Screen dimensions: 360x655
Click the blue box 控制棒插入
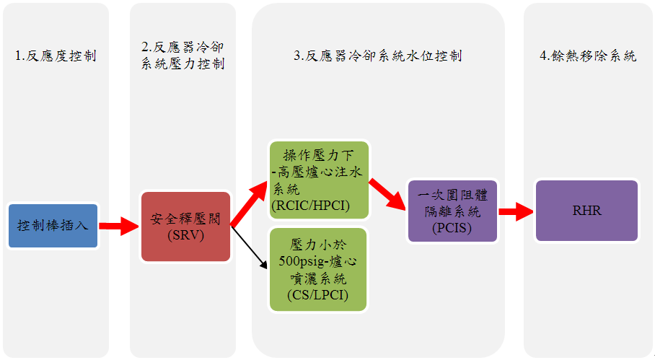[x=53, y=226]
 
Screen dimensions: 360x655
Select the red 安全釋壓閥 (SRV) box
[x=185, y=226]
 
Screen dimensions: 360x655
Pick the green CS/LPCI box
[x=318, y=269]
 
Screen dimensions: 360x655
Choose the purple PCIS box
[x=452, y=210]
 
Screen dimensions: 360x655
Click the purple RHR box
[x=586, y=211]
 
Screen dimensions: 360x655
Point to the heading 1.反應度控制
[x=56, y=56]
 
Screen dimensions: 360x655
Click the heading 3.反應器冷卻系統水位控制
[x=378, y=56]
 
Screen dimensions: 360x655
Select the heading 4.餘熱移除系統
[x=588, y=56]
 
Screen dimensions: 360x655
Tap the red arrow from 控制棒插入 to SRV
[x=118, y=226]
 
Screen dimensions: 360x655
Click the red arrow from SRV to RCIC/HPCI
[x=250, y=205]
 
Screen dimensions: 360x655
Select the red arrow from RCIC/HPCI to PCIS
[x=387, y=193]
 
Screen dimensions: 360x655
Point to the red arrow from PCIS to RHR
[x=515, y=211]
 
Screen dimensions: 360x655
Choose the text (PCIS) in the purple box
[x=452, y=229]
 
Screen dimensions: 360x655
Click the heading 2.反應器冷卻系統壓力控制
[x=183, y=56]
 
